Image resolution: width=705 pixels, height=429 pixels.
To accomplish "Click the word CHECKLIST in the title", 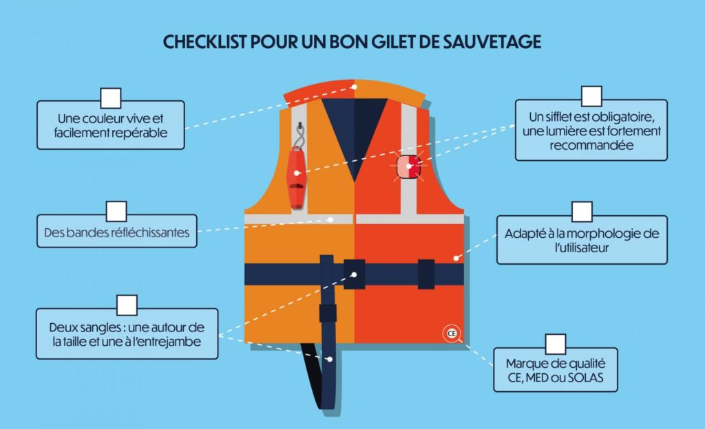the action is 205,42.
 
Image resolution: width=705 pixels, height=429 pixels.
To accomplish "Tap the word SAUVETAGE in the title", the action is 492,42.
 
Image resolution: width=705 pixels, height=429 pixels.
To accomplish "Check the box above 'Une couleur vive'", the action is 111,98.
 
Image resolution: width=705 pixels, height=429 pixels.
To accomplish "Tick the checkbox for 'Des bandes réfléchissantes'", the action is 116,211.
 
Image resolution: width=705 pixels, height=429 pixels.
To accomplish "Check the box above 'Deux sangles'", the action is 127,306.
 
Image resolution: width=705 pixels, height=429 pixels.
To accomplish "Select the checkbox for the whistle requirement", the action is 591,96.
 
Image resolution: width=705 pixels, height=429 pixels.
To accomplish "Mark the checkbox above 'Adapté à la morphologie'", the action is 582,212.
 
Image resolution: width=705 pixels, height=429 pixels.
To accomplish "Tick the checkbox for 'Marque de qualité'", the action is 556,344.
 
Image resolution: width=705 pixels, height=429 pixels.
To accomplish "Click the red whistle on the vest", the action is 296,178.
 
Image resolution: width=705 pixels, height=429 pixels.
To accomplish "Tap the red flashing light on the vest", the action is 409,166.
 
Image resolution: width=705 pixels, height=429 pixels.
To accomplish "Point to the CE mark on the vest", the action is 452,333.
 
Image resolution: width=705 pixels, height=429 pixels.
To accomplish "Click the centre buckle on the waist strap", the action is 355,274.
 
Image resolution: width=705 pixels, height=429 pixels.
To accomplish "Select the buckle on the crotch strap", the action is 328,313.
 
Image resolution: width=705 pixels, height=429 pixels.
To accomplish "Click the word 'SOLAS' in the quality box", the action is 585,377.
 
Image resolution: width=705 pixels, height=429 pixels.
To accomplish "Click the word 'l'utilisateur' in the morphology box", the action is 582,247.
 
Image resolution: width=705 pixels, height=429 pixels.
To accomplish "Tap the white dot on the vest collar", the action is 355,87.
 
